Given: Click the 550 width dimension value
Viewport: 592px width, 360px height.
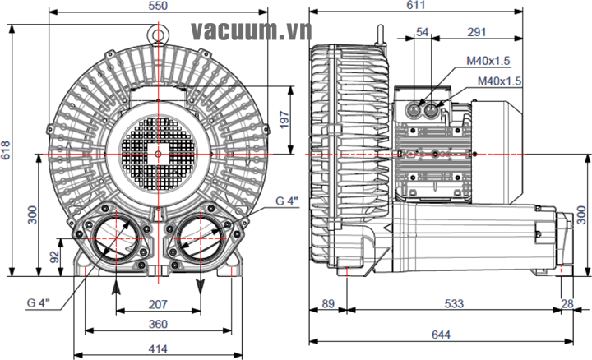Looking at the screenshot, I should coord(158,6).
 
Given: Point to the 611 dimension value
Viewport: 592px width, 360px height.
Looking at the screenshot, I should coord(416,6).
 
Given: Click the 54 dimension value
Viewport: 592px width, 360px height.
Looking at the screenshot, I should coord(423,32).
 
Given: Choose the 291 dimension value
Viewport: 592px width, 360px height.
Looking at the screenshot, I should coord(475,32).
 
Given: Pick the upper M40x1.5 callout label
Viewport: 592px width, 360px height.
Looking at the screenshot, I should coord(489,60).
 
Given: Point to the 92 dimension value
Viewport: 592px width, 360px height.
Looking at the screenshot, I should coord(54,256).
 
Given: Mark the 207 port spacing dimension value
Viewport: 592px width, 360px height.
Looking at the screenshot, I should coord(158,304).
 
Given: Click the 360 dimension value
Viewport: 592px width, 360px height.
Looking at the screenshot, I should coord(158,324).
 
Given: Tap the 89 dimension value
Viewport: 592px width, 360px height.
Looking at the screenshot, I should coord(328,304).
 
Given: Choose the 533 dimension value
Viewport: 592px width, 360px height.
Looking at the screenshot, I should coord(454,304).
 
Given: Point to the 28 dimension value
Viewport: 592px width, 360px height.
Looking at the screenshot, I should coord(567,304).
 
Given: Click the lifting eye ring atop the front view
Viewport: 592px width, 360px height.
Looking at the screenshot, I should coord(158,34).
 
